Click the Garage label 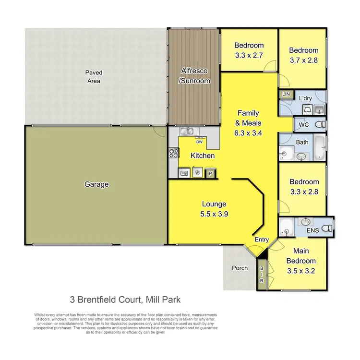tap(96, 184)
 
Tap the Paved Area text tap(94, 77)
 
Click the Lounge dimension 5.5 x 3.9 tap(215, 215)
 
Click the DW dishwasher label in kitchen tap(199, 142)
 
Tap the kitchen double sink tap(187, 131)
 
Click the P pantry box tap(210, 173)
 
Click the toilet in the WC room tap(319, 125)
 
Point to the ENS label tap(313, 231)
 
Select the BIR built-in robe tap(262, 275)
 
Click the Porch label tap(240, 268)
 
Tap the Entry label tap(262, 240)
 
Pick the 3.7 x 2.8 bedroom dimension tap(303, 60)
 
